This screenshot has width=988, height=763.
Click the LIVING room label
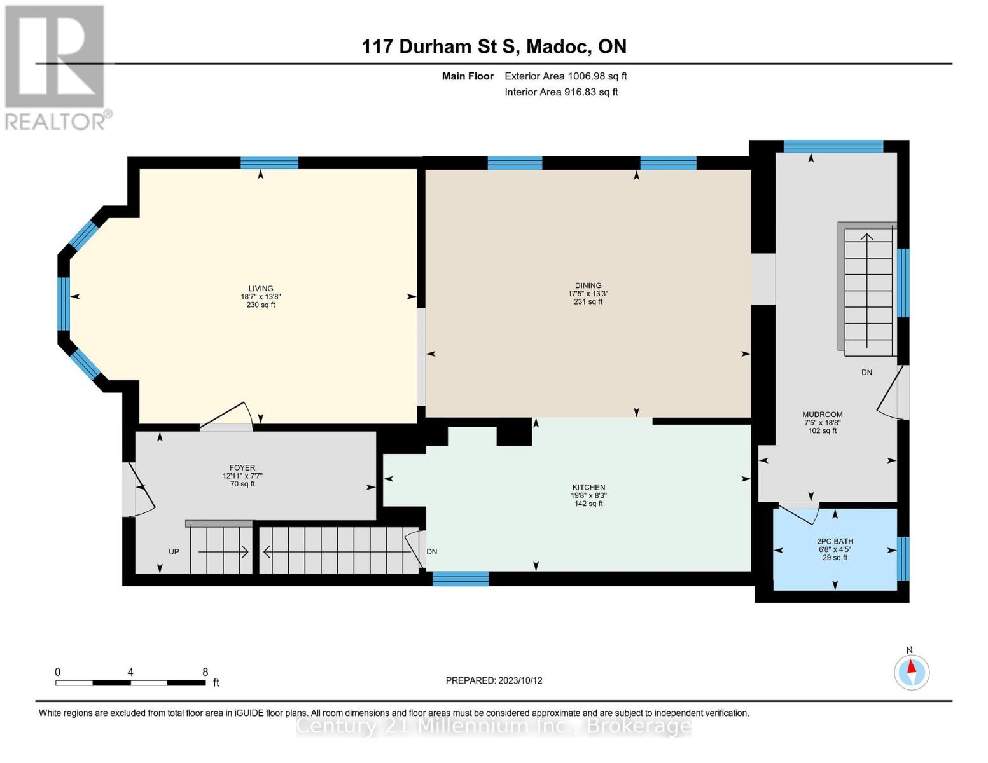261,289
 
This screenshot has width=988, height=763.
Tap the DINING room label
588,286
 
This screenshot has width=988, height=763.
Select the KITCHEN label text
588,488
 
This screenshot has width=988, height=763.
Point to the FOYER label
242,468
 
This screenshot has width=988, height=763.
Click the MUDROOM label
822,415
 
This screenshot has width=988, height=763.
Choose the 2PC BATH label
835,542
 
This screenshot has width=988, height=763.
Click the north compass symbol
912,672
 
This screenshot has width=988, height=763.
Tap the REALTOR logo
56,67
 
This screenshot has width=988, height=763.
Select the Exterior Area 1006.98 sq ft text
566,76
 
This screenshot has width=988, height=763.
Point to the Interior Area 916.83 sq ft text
561,92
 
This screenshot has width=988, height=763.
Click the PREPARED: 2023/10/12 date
494,680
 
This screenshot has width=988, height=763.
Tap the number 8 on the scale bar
205,672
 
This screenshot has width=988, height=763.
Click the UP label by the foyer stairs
174,552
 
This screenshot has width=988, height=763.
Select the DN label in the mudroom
866,373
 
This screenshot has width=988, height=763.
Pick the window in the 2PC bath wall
903,559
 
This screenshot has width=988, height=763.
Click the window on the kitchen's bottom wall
461,579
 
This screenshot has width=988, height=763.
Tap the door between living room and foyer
226,418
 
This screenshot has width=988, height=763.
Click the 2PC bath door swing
799,512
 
